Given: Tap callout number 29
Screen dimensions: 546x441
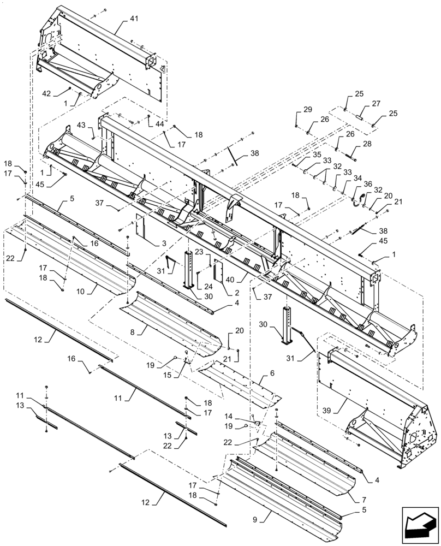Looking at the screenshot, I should pos(308,110).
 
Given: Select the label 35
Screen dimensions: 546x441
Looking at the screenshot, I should pos(317,155).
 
